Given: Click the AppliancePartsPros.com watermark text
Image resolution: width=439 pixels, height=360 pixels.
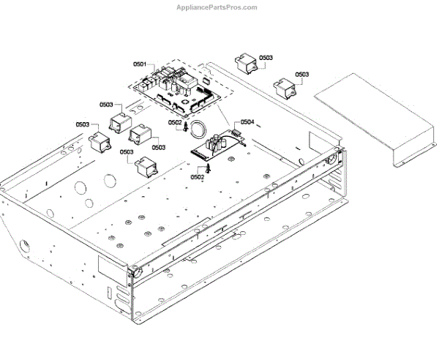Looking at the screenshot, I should click(x=217, y=8).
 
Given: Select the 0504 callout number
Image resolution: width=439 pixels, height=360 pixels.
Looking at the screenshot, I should click(x=247, y=122).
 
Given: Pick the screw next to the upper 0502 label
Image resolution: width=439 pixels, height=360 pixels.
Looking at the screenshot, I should click(x=187, y=129).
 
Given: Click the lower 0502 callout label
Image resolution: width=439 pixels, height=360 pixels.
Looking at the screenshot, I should click(x=197, y=176).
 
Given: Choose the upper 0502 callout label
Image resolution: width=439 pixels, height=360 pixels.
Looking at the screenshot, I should click(x=174, y=122).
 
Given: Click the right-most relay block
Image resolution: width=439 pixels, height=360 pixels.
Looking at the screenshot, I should click(x=285, y=87).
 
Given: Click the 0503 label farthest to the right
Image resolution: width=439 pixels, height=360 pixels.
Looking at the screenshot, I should click(x=301, y=75).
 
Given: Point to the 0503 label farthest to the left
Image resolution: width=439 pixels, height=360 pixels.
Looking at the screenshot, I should click(x=82, y=124).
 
